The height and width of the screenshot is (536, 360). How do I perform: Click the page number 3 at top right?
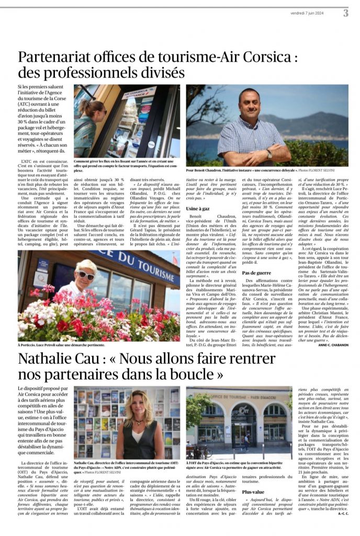[x=345, y=13]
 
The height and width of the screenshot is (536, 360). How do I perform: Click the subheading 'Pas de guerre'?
[x=256, y=273]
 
